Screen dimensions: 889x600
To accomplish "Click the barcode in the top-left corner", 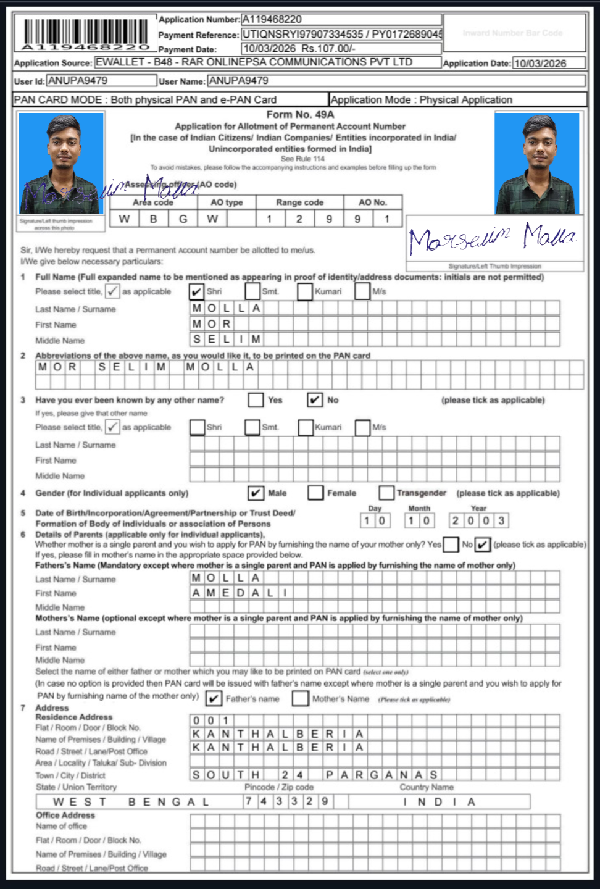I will pyautogui.click(x=86, y=34).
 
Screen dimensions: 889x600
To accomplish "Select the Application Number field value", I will pyautogui.click(x=341, y=19).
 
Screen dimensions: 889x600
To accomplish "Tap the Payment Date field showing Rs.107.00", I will pyautogui.click(x=341, y=49).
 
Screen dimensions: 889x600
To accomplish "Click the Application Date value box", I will pyautogui.click(x=548, y=63).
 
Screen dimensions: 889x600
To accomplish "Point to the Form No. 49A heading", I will pyautogui.click(x=300, y=114).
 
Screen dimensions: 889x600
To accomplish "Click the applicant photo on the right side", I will pyautogui.click(x=537, y=163).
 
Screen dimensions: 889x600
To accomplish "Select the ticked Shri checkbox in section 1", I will pyautogui.click(x=196, y=291).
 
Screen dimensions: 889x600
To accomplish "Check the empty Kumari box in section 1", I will pyautogui.click(x=305, y=291).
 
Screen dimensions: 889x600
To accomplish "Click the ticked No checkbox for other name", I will pyautogui.click(x=315, y=400).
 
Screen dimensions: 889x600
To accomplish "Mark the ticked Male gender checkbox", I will pyautogui.click(x=256, y=493).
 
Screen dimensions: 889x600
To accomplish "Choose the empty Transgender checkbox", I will pyautogui.click(x=386, y=493).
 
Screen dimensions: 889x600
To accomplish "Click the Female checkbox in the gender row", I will pyautogui.click(x=315, y=493).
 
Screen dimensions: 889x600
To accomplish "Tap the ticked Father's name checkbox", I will pyautogui.click(x=214, y=698).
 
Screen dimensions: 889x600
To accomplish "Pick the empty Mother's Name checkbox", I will pyautogui.click(x=300, y=698).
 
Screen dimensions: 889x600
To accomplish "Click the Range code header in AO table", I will pyautogui.click(x=300, y=202).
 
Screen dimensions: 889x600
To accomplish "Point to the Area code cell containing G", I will pyautogui.click(x=183, y=219).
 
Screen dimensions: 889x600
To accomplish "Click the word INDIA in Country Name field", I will pyautogui.click(x=439, y=802).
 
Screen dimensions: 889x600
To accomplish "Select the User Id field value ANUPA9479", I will pyautogui.click(x=102, y=80).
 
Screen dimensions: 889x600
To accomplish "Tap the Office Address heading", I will pyautogui.click(x=65, y=815).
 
